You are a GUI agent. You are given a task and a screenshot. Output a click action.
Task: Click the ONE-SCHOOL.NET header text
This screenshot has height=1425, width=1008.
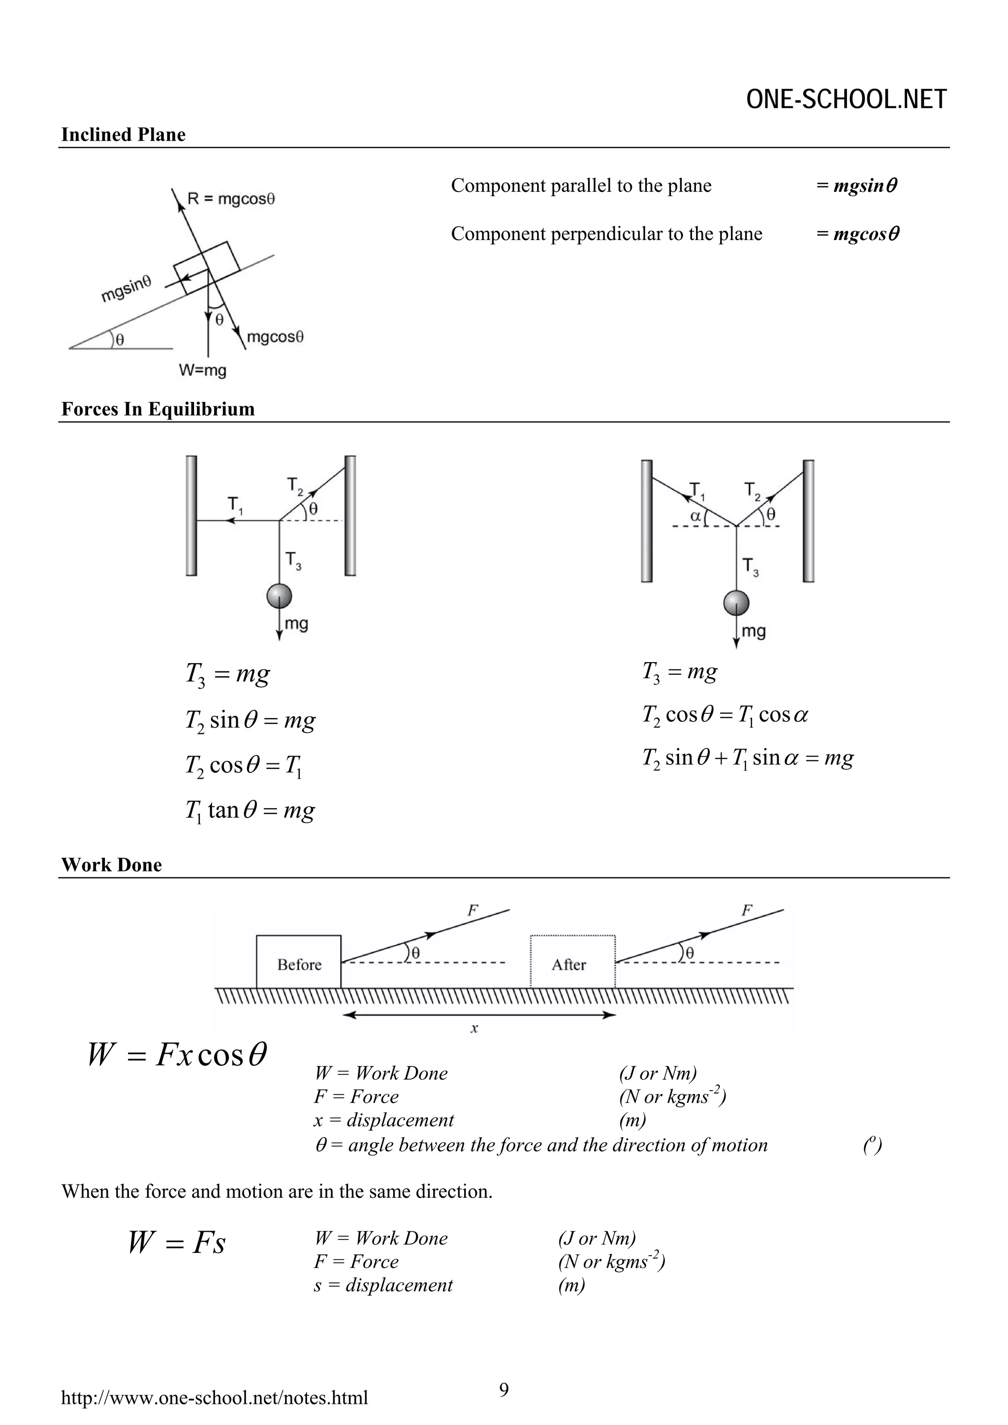[x=846, y=100]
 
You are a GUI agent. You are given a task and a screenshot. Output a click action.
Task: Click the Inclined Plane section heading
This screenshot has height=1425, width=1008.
[x=123, y=135]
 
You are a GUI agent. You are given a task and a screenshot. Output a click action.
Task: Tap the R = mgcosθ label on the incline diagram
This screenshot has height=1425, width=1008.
[x=231, y=199]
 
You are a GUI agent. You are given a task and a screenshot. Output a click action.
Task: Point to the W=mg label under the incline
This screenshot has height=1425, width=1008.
[x=202, y=370]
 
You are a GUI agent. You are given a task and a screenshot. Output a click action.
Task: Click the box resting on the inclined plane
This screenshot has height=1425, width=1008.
[x=206, y=268]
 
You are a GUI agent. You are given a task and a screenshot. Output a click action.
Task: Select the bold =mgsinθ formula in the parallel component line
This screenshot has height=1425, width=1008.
[x=857, y=185]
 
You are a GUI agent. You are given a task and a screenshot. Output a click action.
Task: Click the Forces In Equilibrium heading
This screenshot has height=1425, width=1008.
[x=158, y=409]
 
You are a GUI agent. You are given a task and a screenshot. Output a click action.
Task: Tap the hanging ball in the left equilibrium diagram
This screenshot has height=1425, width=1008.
[x=279, y=596]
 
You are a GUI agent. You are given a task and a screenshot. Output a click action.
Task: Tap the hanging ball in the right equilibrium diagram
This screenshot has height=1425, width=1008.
[x=736, y=603]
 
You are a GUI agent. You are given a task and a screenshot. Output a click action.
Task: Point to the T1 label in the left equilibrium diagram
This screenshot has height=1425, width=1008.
[x=235, y=505]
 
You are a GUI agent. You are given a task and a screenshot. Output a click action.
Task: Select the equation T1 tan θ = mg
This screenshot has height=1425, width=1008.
[x=250, y=811]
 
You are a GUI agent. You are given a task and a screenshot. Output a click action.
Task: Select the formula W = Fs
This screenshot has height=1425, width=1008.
[x=176, y=1243]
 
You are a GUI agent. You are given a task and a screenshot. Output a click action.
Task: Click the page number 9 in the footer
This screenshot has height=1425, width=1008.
[x=504, y=1389]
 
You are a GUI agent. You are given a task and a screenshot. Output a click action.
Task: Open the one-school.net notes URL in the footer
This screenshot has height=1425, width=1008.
[x=214, y=1397]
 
